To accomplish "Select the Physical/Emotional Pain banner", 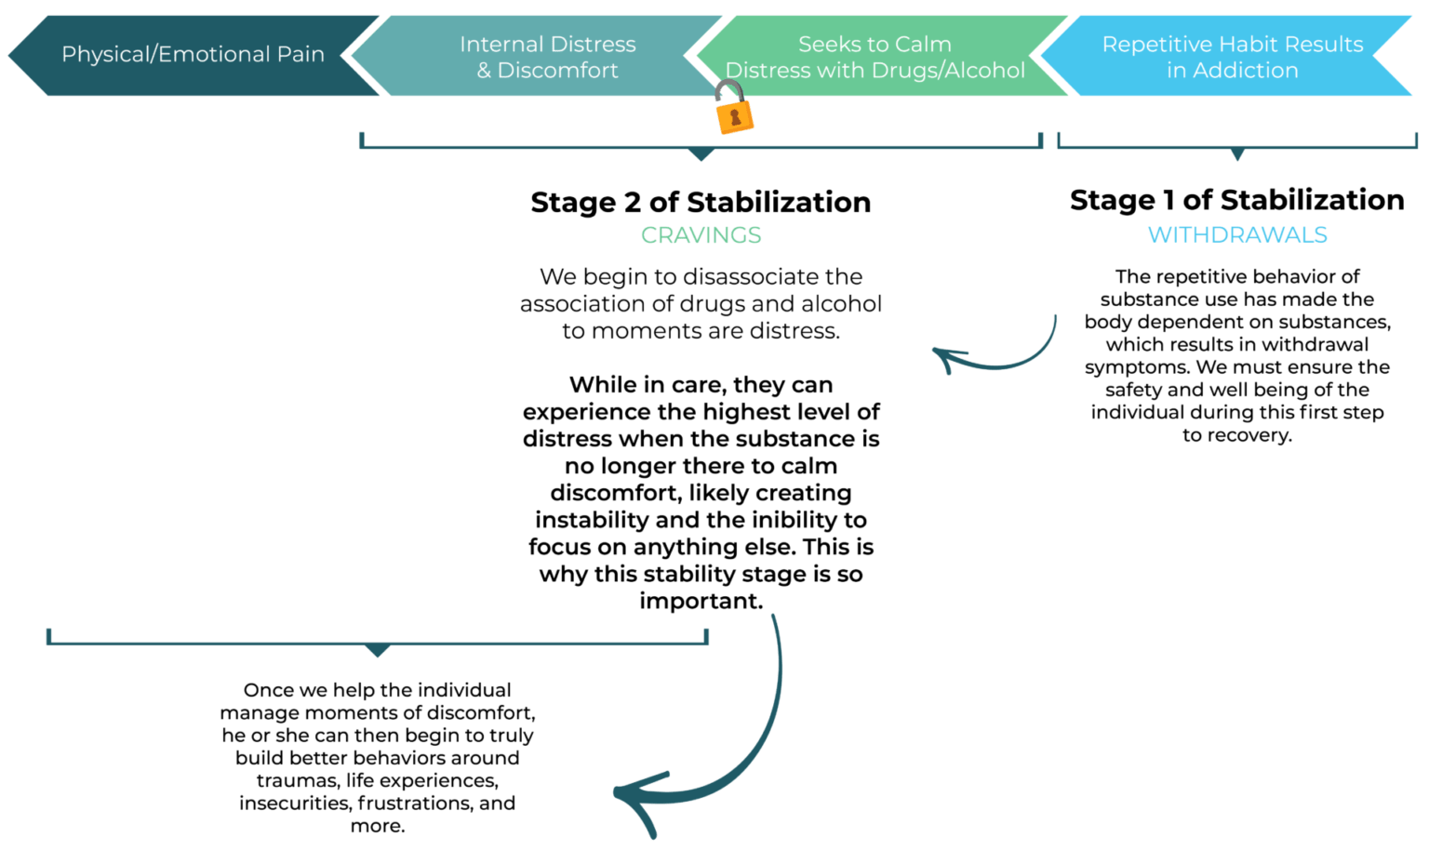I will tap(193, 55).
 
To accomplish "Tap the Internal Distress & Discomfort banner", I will tap(547, 57).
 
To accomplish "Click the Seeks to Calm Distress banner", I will tap(875, 57).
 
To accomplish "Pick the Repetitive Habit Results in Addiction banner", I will tap(1232, 57).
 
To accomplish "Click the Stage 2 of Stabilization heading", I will tap(701, 202).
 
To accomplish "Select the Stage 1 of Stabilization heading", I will tap(1236, 200).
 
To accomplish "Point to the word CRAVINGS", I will tap(701, 235).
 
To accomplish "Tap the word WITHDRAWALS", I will tap(1236, 235).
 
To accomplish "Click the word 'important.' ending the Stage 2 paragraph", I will tap(701, 602).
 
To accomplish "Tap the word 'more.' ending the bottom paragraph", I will tap(378, 827).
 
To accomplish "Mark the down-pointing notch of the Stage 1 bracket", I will tap(1237, 155).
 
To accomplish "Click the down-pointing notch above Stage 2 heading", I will tap(701, 155).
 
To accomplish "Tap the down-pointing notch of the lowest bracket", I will tap(378, 652).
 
